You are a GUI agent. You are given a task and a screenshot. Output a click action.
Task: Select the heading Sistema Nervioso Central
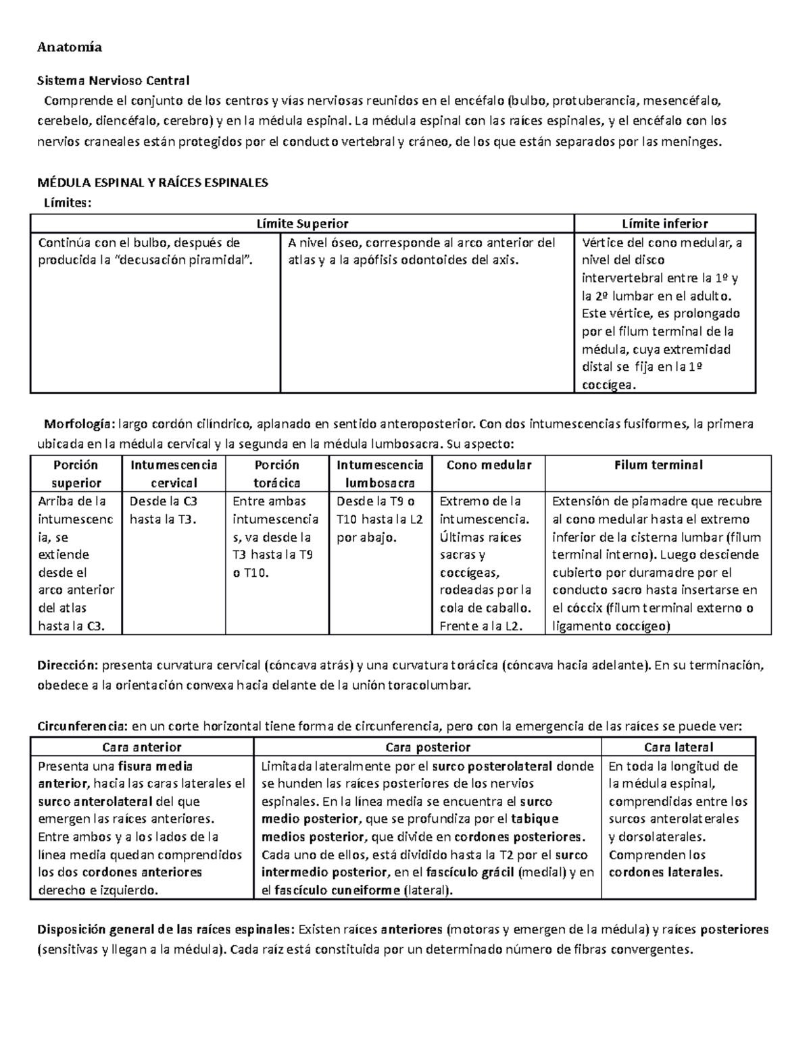click(x=113, y=81)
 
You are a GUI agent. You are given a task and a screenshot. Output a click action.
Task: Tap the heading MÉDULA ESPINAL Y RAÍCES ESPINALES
click(x=153, y=183)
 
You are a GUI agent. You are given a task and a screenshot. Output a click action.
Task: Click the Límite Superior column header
click(x=302, y=224)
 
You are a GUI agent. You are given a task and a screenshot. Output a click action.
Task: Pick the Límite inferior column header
click(x=664, y=224)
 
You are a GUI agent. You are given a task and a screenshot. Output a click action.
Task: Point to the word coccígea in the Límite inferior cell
click(x=609, y=385)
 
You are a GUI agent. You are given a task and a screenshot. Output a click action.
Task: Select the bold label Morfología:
click(x=79, y=424)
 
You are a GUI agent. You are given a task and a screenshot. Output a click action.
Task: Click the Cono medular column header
click(x=489, y=465)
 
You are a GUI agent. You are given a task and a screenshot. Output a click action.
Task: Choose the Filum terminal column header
click(x=658, y=465)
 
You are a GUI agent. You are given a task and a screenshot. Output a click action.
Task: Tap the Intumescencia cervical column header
click(x=174, y=474)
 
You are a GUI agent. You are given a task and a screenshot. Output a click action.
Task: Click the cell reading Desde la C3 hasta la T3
click(x=164, y=510)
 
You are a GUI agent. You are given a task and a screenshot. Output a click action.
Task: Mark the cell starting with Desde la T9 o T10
click(x=380, y=519)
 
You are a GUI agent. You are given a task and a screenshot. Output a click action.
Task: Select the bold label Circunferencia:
click(x=81, y=727)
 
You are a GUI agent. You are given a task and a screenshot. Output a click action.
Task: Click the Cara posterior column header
click(x=427, y=747)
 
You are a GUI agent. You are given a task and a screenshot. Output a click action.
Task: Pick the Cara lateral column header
click(x=679, y=747)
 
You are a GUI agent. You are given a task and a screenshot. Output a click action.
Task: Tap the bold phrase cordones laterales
click(x=666, y=872)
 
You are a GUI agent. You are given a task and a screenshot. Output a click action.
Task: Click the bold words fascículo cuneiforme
click(x=336, y=890)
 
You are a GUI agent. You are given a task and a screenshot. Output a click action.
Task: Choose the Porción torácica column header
click(x=276, y=474)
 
